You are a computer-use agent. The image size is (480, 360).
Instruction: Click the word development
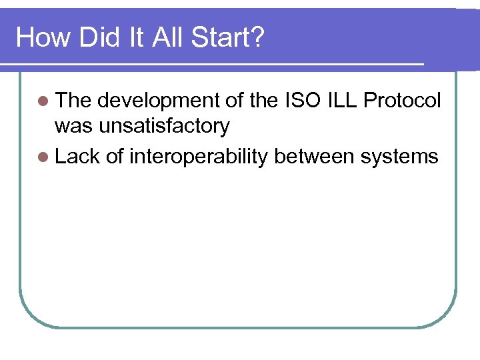tap(155, 101)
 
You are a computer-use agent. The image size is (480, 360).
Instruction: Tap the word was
tap(73, 126)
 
